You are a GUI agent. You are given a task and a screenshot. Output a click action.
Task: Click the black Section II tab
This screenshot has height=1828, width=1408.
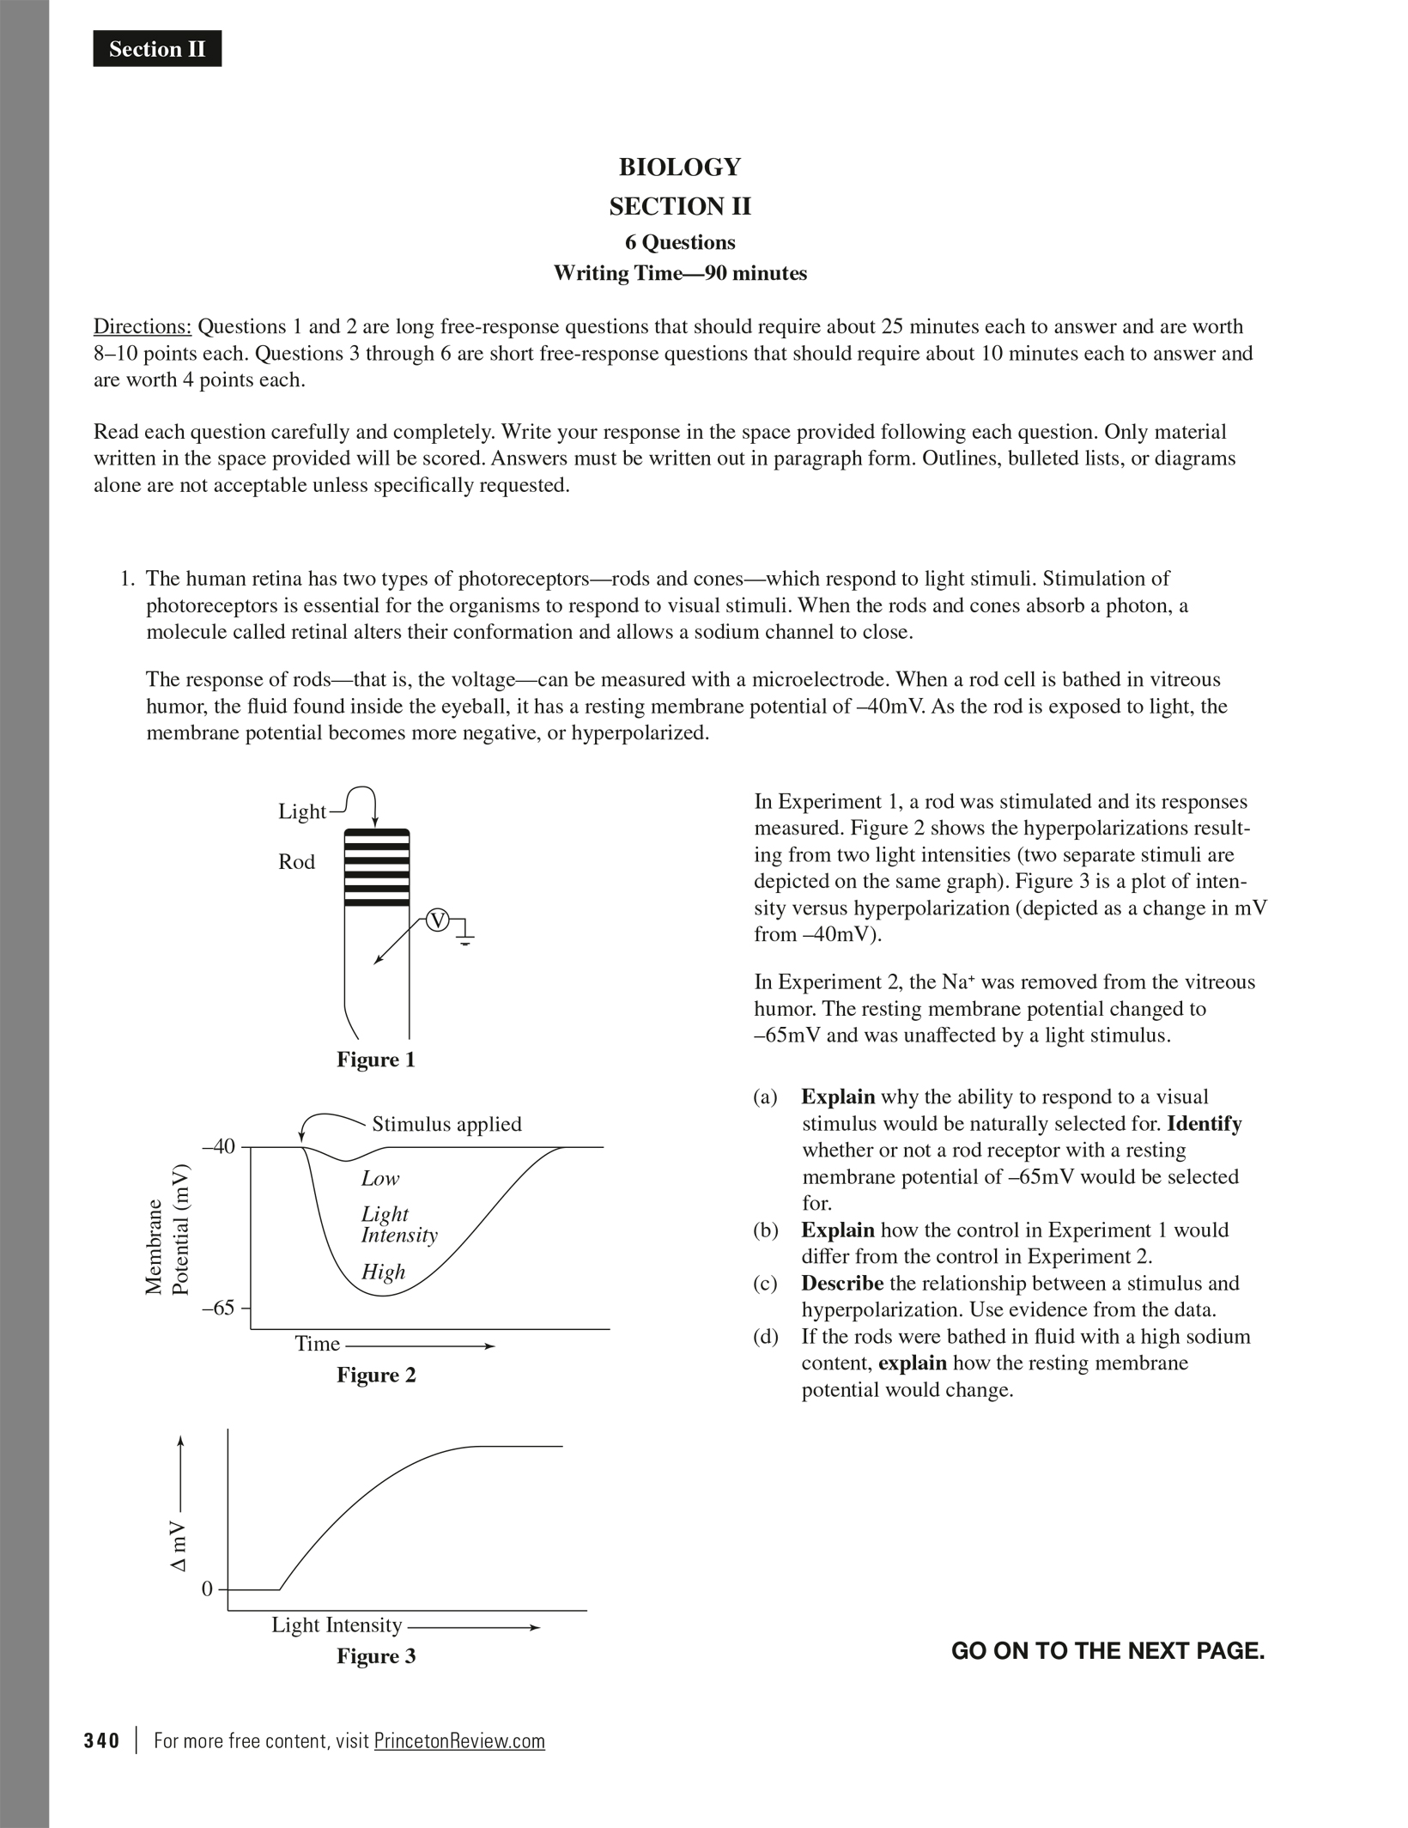(x=157, y=49)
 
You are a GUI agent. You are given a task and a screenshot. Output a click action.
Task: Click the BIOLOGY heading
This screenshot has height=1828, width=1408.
(x=679, y=167)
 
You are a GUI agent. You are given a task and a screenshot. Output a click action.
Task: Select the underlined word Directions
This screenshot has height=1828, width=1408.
(x=142, y=326)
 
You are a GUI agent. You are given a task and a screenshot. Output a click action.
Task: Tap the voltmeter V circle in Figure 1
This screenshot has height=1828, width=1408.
(x=438, y=921)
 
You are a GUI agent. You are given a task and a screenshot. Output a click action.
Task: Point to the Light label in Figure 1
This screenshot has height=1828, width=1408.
(x=302, y=811)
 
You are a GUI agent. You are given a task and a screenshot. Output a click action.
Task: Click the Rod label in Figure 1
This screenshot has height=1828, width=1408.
(x=296, y=862)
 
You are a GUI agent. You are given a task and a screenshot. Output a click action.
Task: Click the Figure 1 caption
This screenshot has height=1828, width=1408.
(x=375, y=1060)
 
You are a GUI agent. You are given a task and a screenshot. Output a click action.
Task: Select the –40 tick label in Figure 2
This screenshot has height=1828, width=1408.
(x=218, y=1146)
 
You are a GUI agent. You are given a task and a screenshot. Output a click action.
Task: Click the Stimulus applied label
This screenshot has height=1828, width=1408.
(x=446, y=1124)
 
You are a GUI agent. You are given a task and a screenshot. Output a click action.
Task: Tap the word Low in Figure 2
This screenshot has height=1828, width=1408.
(x=380, y=1178)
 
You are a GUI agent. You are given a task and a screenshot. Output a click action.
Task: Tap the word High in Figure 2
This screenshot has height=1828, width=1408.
(x=383, y=1272)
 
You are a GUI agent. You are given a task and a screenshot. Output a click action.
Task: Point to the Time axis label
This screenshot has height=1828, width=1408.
(x=318, y=1344)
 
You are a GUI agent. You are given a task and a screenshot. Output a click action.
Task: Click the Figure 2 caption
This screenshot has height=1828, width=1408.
(x=375, y=1375)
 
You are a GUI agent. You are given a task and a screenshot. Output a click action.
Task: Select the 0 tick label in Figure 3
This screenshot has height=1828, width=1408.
(x=207, y=1589)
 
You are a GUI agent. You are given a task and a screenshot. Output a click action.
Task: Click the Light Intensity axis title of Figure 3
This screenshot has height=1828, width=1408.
(x=337, y=1625)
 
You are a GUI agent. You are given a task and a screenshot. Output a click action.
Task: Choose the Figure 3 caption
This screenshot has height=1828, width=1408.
(x=375, y=1656)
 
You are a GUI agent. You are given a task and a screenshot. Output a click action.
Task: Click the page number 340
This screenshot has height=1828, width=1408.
(x=101, y=1740)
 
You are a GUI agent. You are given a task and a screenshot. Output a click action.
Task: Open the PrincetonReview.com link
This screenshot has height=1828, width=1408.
(x=459, y=1740)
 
